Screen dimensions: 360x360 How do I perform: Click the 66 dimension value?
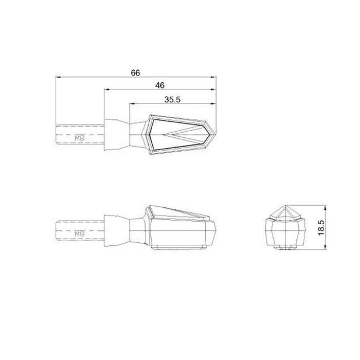tap(135, 73)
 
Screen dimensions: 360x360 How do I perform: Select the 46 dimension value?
tap(160, 85)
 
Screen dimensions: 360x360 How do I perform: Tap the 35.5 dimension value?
tap(172, 99)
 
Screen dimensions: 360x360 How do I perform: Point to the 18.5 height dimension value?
tap(321, 227)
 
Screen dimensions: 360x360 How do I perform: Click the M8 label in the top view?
tap(80, 138)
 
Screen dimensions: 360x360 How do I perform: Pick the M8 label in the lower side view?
tap(80, 234)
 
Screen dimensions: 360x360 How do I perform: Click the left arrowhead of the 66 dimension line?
tap(58, 77)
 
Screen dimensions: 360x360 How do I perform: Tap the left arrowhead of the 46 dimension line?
tap(106, 90)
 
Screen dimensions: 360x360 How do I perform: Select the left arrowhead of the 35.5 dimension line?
tap(132, 104)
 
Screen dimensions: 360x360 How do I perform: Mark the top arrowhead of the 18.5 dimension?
tap(325, 208)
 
